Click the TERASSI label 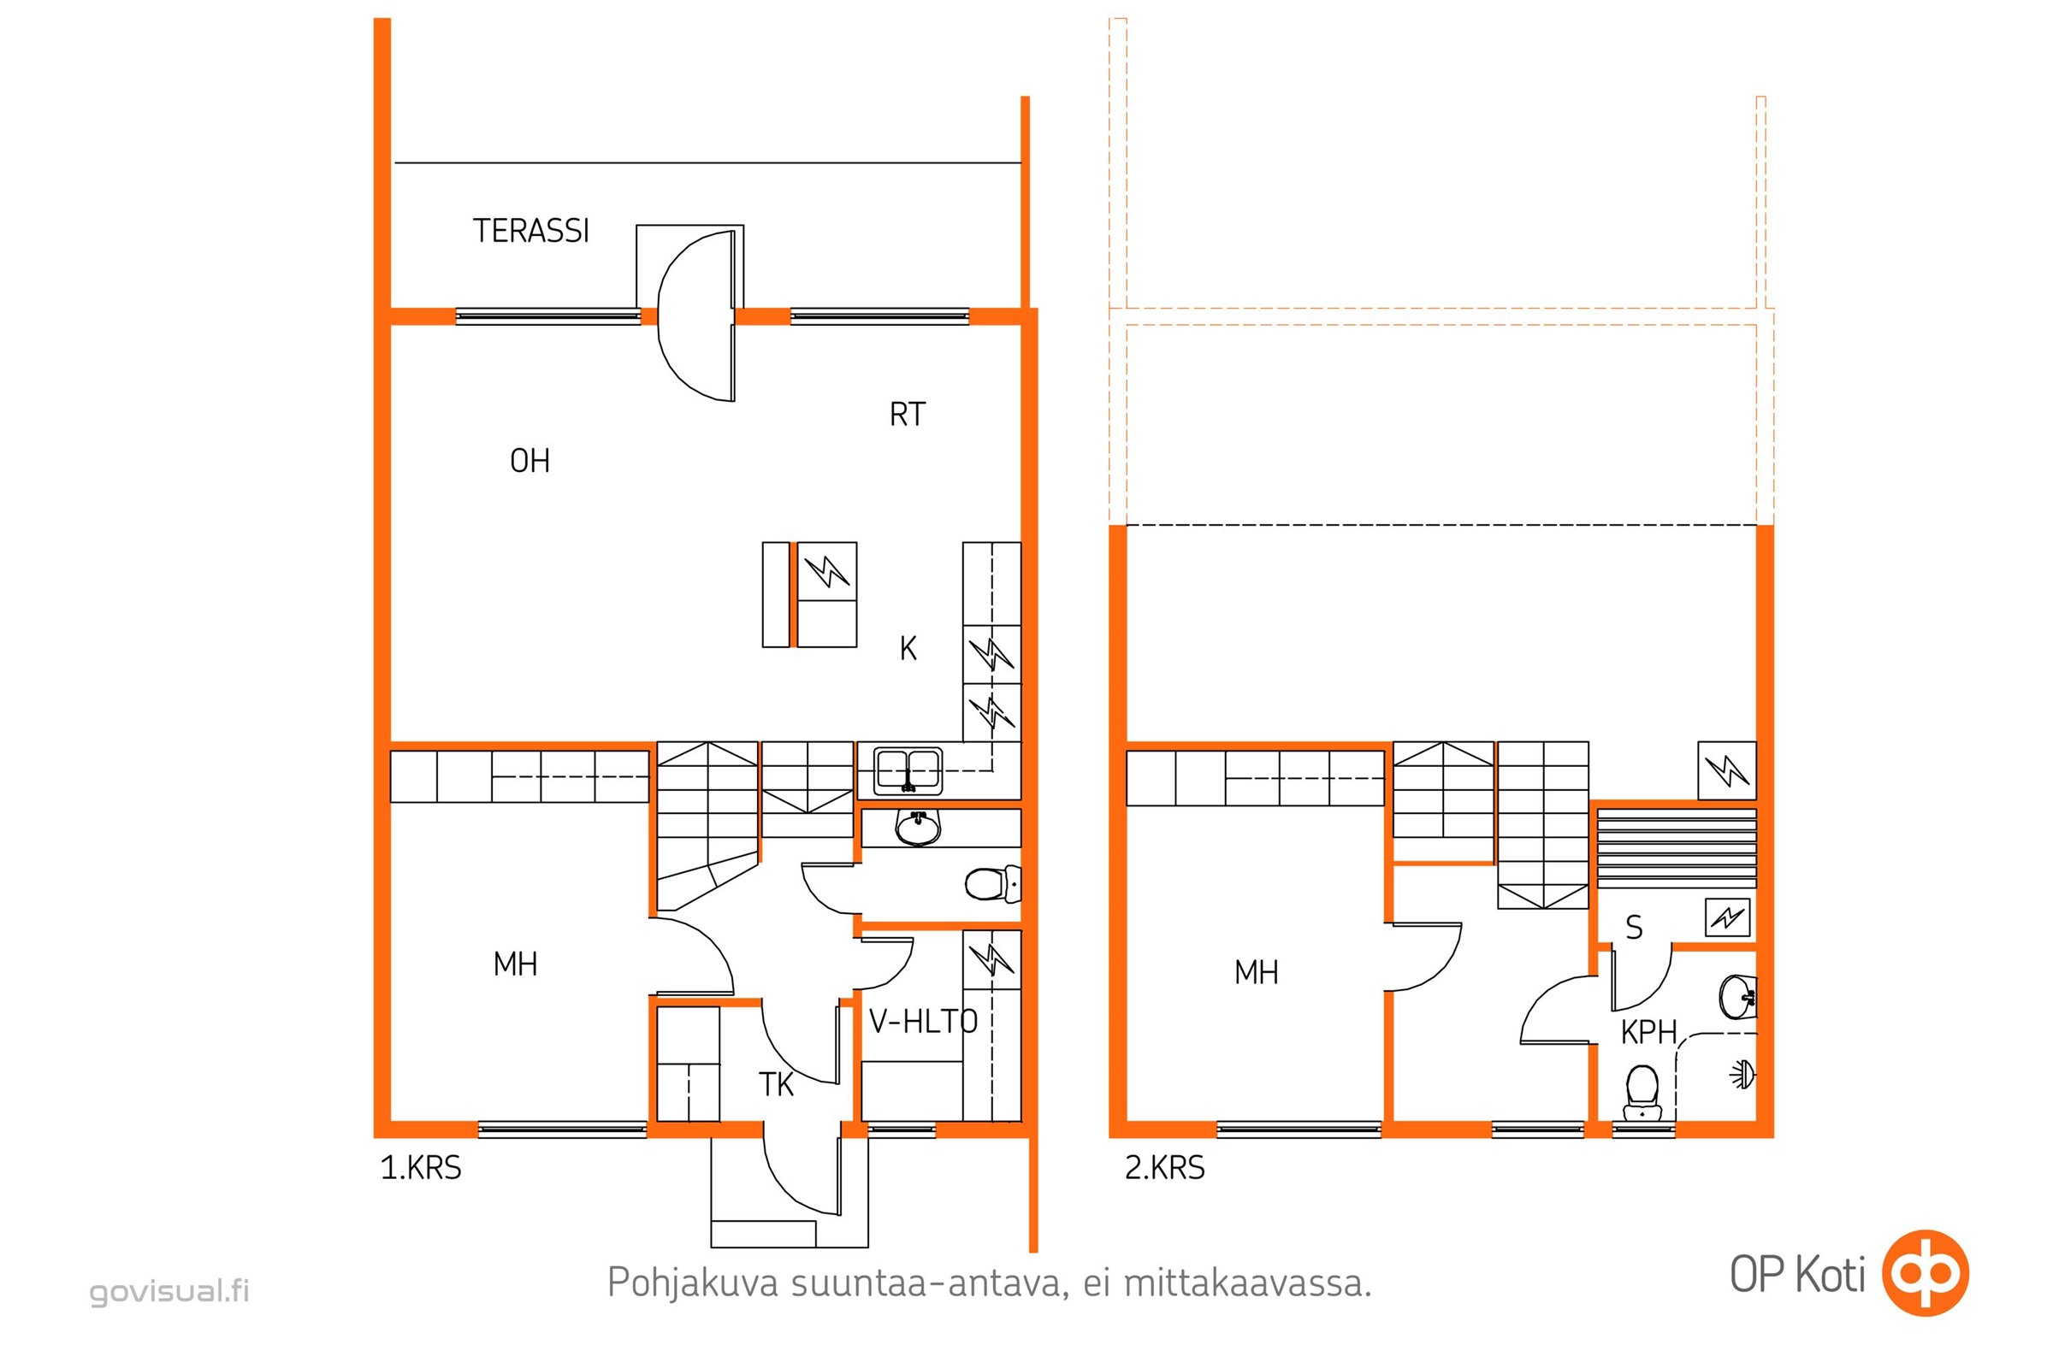pyautogui.click(x=530, y=230)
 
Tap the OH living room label pyautogui.click(x=530, y=461)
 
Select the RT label pyautogui.click(x=907, y=415)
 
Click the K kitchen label pyautogui.click(x=908, y=648)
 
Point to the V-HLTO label pyautogui.click(x=924, y=1021)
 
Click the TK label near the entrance pyautogui.click(x=776, y=1084)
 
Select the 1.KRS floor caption pyautogui.click(x=421, y=1167)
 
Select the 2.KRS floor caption pyautogui.click(x=1164, y=1167)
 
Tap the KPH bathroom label pyautogui.click(x=1649, y=1033)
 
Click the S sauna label pyautogui.click(x=1634, y=928)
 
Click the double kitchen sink pyautogui.click(x=908, y=770)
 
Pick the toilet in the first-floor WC pyautogui.click(x=992, y=884)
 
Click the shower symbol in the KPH pyautogui.click(x=1742, y=1076)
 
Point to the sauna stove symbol pyautogui.click(x=1727, y=917)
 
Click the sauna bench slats pyautogui.click(x=1677, y=848)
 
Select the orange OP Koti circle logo pyautogui.click(x=1925, y=1273)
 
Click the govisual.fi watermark pyautogui.click(x=169, y=1290)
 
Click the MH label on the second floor pyautogui.click(x=1256, y=972)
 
